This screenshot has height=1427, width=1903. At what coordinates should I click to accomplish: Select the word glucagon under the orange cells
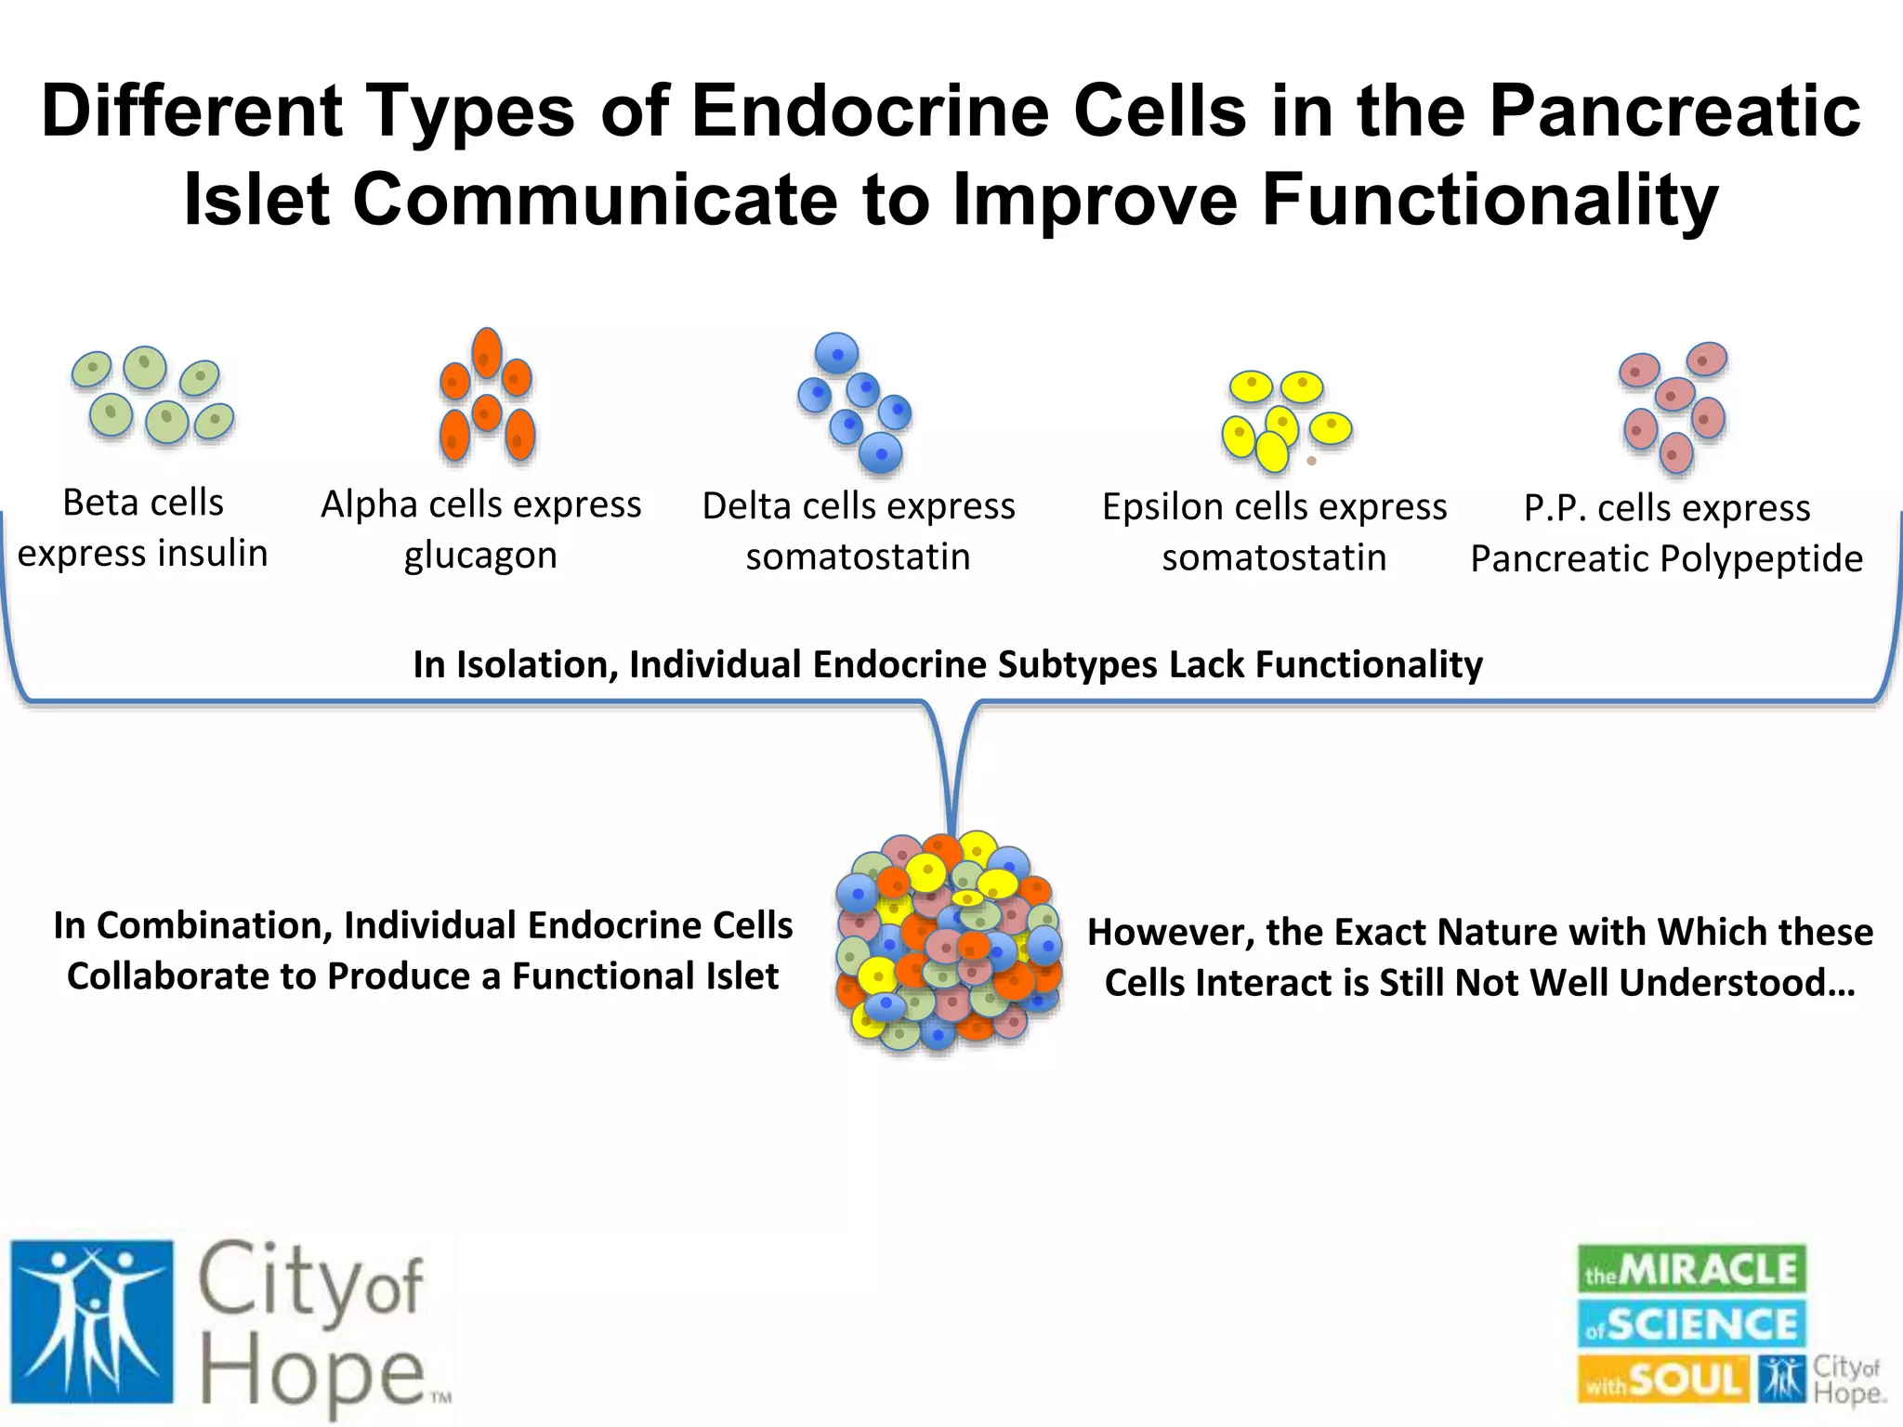coord(480,556)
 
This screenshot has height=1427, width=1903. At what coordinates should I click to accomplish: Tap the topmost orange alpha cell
coord(487,352)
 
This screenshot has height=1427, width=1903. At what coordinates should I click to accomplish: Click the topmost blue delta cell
coord(836,353)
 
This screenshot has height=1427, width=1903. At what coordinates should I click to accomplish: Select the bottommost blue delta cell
coord(880,453)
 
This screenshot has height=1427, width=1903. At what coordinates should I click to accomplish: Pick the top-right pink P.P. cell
coord(1706,359)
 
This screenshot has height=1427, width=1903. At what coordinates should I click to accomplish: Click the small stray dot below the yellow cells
coord(1311,461)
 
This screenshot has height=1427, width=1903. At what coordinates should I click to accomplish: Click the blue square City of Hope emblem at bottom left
coord(92,1321)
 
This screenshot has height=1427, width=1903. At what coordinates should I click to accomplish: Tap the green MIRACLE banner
coord(1691,1269)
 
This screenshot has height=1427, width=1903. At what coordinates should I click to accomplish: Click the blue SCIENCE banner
coord(1691,1324)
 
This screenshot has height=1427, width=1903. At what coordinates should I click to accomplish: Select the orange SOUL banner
coord(1663,1379)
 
